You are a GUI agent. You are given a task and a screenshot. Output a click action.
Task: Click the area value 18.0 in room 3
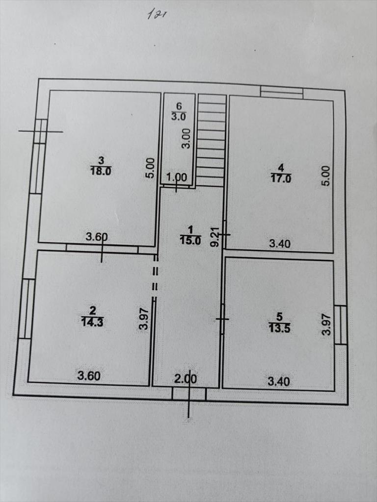pyautogui.click(x=101, y=171)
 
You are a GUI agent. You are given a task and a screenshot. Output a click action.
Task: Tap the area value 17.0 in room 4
pyautogui.click(x=281, y=178)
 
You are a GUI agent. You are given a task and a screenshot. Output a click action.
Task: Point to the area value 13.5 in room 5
pyautogui.click(x=279, y=328)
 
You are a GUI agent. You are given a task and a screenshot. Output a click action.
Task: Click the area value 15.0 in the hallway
pyautogui.click(x=190, y=240)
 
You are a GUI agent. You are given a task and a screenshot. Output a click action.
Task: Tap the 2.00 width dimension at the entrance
pyautogui.click(x=185, y=379)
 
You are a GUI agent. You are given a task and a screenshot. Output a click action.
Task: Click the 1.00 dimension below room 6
pyautogui.click(x=176, y=177)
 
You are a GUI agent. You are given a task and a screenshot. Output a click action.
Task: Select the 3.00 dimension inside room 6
pyautogui.click(x=186, y=138)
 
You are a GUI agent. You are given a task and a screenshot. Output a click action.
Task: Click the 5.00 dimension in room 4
pyautogui.click(x=326, y=176)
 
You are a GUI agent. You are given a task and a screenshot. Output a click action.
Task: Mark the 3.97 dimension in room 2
pyautogui.click(x=144, y=319)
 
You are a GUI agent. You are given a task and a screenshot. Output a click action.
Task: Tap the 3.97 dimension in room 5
pyautogui.click(x=326, y=324)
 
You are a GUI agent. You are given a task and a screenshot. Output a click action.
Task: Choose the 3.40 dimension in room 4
pyautogui.click(x=279, y=244)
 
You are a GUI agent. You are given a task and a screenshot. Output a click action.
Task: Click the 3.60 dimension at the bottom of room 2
pyautogui.click(x=89, y=376)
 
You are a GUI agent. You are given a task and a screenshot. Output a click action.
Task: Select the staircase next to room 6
pyautogui.click(x=211, y=140)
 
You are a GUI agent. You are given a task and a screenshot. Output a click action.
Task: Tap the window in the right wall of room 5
pyautogui.click(x=341, y=325)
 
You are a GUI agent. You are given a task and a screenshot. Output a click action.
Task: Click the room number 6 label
pyautogui.click(x=179, y=105)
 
